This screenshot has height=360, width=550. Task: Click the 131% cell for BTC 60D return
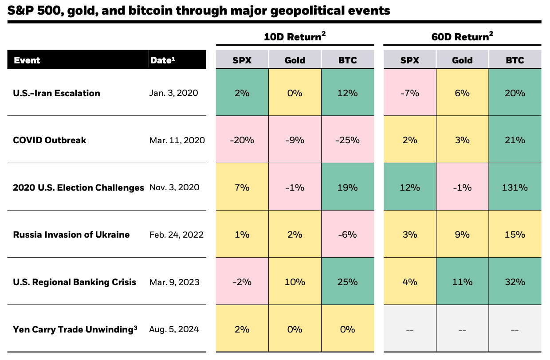click(x=515, y=187)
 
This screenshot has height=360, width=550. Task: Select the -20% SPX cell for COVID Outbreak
click(x=242, y=140)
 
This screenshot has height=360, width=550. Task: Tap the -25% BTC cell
click(x=347, y=140)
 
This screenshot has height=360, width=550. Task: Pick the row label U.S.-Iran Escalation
click(x=56, y=93)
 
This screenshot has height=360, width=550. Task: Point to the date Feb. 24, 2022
click(x=177, y=235)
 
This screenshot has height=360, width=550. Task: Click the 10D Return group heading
click(x=295, y=37)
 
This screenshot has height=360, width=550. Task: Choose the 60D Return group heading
click(x=462, y=37)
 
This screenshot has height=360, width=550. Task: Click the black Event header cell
click(x=27, y=60)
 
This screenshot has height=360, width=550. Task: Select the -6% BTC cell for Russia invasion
click(x=347, y=235)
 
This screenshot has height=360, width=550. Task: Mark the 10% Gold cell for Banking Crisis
click(x=295, y=282)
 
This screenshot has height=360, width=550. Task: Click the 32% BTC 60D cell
click(x=515, y=282)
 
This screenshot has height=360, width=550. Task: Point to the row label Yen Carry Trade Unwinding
click(x=75, y=329)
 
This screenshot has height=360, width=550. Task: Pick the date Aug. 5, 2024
click(x=174, y=329)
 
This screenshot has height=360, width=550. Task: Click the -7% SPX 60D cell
click(x=410, y=93)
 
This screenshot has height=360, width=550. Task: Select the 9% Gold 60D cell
click(x=462, y=235)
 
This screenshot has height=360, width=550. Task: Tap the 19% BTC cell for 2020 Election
click(x=347, y=187)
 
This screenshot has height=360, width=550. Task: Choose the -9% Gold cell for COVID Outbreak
click(x=295, y=140)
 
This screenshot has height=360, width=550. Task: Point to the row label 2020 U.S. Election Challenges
click(x=79, y=187)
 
